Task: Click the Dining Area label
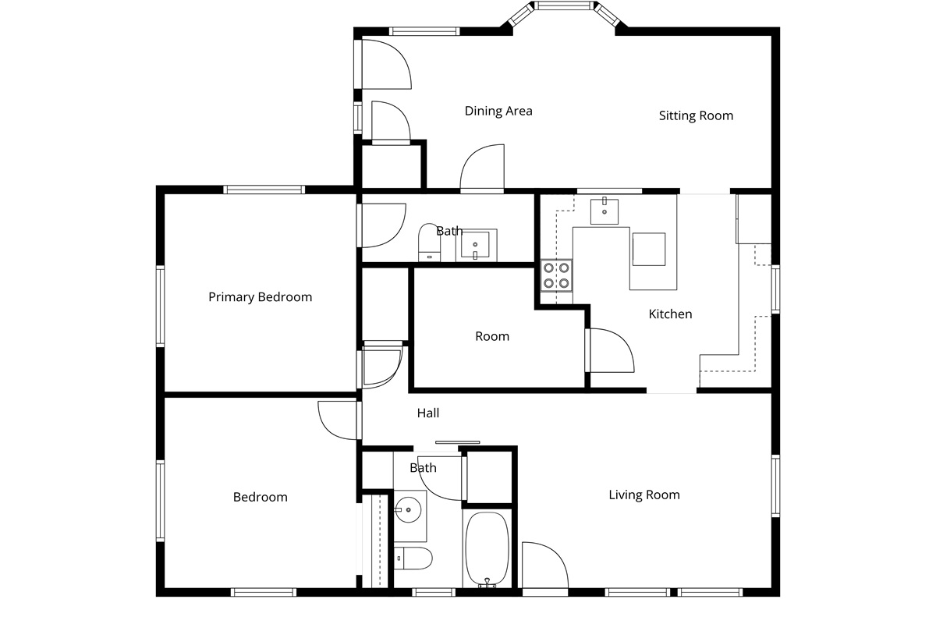point(498,112)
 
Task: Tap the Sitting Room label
point(696,115)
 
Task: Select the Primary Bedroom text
point(261,297)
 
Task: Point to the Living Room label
point(644,495)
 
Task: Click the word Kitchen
point(670,314)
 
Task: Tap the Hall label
point(428,413)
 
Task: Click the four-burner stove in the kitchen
point(556,275)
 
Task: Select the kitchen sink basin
point(604,211)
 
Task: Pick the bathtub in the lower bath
point(487,549)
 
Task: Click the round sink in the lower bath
point(408,510)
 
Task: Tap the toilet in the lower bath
point(413,558)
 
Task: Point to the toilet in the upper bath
point(429,243)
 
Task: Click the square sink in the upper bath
point(475,245)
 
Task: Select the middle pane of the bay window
point(564,5)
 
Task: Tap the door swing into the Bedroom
point(338,420)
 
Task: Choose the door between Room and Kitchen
point(612,350)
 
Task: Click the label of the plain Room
point(492,336)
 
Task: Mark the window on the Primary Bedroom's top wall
point(264,190)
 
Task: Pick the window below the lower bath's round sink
point(434,592)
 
